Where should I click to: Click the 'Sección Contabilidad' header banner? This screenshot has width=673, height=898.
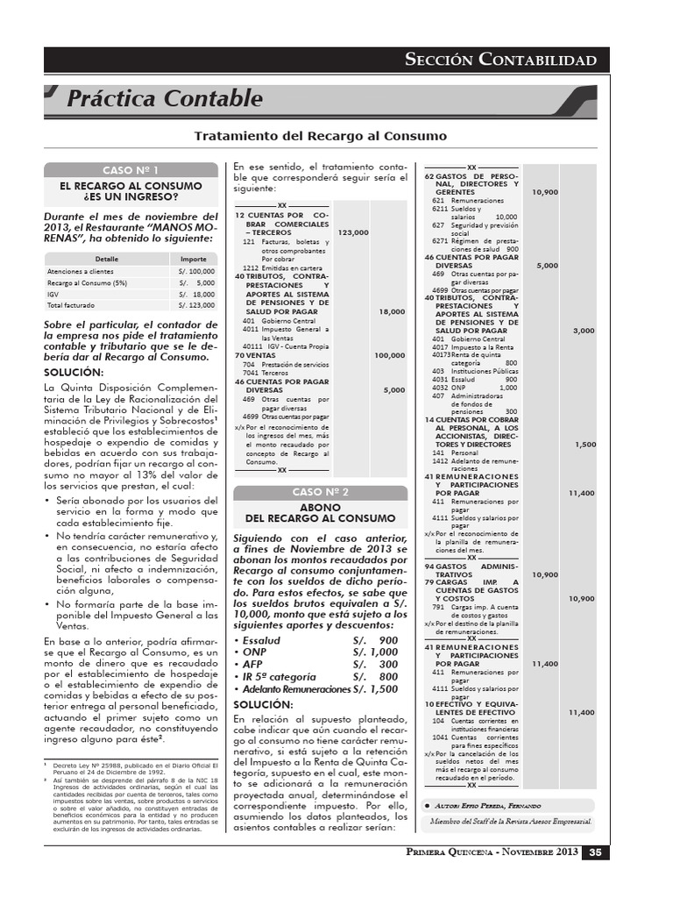[501, 60]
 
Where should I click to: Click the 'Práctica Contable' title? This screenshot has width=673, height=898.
[164, 99]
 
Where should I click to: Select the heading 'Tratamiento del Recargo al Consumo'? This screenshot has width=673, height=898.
[320, 137]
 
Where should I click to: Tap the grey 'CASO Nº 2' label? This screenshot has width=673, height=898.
[320, 492]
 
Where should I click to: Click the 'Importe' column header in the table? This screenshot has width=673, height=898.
[194, 260]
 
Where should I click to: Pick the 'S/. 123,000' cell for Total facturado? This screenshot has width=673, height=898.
[195, 306]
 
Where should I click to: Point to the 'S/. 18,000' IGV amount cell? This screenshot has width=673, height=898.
[195, 295]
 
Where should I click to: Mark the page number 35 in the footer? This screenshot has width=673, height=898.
[594, 852]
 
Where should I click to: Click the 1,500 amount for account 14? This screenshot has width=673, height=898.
[584, 445]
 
